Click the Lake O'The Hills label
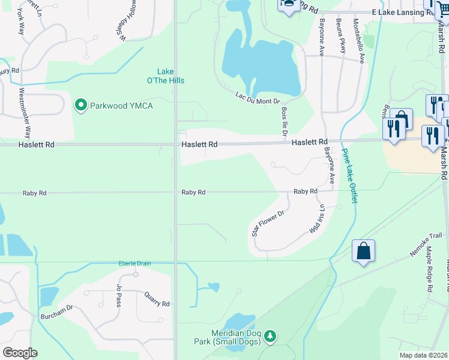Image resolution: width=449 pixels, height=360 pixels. [x=170, y=76]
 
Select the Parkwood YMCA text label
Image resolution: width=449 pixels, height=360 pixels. [x=121, y=106]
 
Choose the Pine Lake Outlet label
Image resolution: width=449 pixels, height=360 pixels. [x=350, y=176]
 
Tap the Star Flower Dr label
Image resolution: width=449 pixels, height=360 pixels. [x=268, y=222]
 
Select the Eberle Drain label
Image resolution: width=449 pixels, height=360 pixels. [x=134, y=263]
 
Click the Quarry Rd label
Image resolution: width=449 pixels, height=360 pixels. [x=157, y=299]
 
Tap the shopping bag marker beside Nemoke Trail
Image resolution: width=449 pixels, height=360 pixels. [x=364, y=251]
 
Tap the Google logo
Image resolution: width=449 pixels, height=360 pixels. [x=20, y=353]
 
